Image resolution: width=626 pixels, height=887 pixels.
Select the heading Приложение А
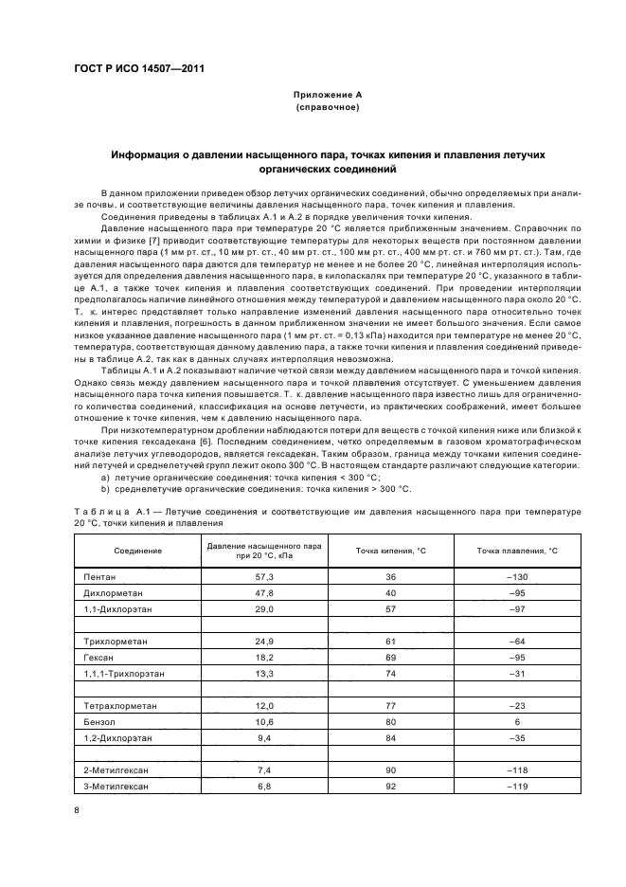(327, 96)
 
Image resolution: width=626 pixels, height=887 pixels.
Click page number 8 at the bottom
(77, 809)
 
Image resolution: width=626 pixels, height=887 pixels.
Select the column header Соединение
(137, 551)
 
